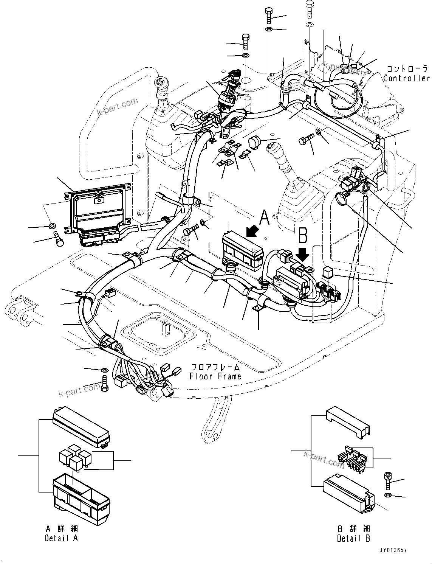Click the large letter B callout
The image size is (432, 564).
pyautogui.click(x=303, y=236)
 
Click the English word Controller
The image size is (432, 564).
pyautogui.click(x=407, y=78)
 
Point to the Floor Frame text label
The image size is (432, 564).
pyautogui.click(x=215, y=376)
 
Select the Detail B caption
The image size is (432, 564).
pyautogui.click(x=353, y=538)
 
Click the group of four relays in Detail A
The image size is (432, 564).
pyautogui.click(x=74, y=458)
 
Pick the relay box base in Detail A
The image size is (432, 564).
pyautogui.click(x=81, y=496)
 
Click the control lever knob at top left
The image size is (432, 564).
pyautogui.click(x=161, y=88)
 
